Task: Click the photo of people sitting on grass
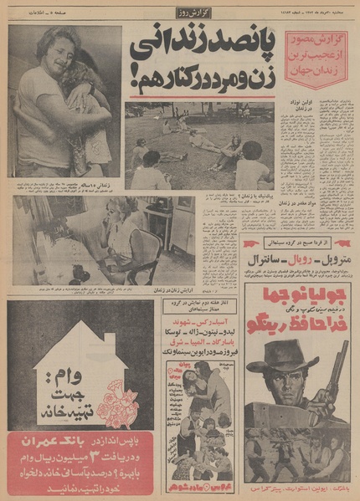[198, 146]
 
